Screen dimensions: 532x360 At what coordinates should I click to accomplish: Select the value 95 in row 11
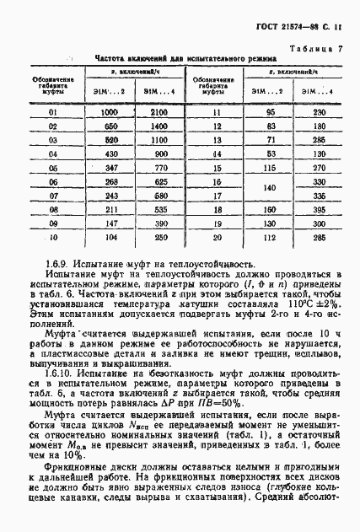coord(247,112)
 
